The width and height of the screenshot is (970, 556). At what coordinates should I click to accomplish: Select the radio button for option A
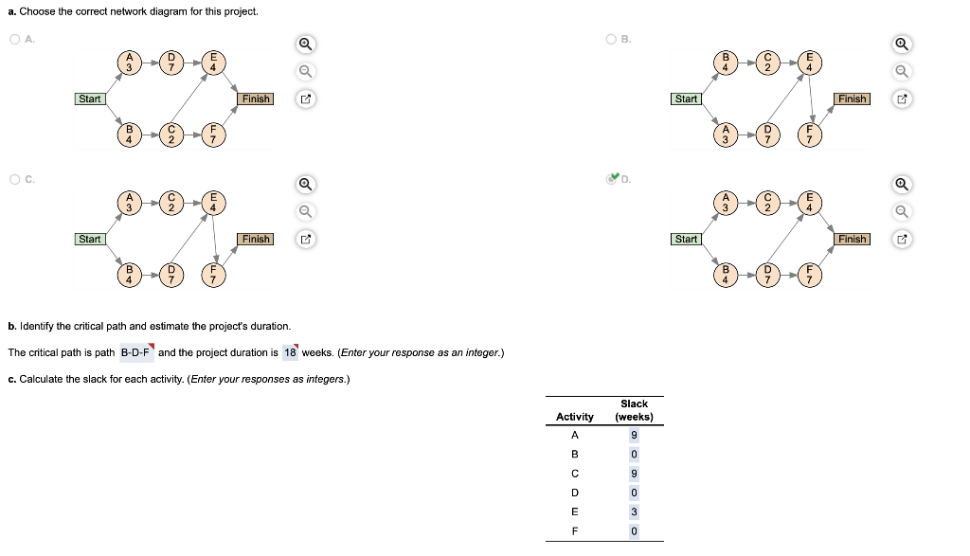pos(14,39)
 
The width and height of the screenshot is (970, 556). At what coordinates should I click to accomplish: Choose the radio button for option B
pos(611,39)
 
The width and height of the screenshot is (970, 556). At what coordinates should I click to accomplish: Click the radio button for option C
pos(14,179)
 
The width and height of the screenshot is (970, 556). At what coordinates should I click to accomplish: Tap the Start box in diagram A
pos(90,99)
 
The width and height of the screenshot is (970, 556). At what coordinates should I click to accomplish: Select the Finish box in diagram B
pos(852,99)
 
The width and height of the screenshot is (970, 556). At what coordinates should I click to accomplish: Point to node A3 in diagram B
pos(726,134)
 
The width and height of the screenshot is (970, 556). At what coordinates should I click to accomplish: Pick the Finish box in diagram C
pos(256,239)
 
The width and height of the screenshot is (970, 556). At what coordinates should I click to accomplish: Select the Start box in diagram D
pos(686,239)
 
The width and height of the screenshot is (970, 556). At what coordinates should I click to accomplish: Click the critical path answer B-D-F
pos(136,353)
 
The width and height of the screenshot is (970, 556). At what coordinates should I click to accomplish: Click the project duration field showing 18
pos(290,353)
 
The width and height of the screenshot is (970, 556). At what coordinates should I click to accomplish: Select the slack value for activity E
pos(634,511)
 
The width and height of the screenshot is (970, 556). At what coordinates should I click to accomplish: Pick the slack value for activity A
pos(634,436)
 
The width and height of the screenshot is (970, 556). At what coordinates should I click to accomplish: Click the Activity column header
pos(574,417)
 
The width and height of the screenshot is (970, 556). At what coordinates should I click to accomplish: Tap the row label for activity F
pos(574,531)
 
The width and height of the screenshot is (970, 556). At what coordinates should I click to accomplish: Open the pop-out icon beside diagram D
pos(903,239)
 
